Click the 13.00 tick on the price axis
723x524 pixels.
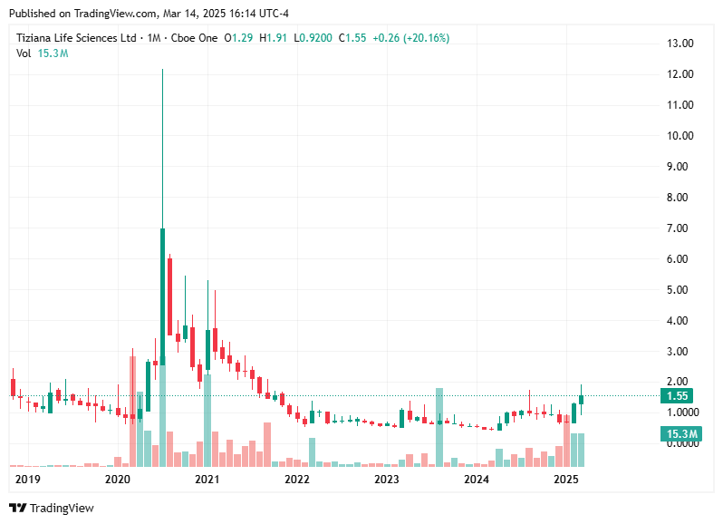(x=680, y=44)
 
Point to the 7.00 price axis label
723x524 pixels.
(x=680, y=228)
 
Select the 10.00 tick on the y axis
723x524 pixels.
(x=680, y=136)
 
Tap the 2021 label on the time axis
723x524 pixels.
(x=207, y=479)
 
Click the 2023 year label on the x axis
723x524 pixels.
(x=387, y=479)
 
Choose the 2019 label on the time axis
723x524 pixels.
(x=28, y=479)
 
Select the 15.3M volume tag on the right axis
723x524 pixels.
(x=680, y=435)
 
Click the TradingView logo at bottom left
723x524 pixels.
(x=52, y=509)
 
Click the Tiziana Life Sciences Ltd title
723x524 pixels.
(x=76, y=38)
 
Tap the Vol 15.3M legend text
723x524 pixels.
(x=43, y=53)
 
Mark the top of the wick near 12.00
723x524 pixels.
(x=162, y=70)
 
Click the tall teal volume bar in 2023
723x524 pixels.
(x=439, y=426)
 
